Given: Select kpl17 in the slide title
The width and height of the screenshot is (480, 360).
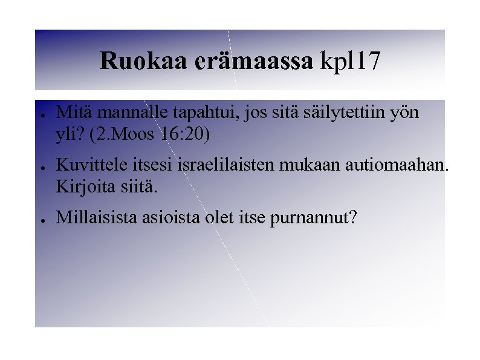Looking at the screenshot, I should tap(352, 61).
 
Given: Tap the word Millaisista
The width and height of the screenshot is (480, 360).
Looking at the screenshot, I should tap(97, 218).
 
